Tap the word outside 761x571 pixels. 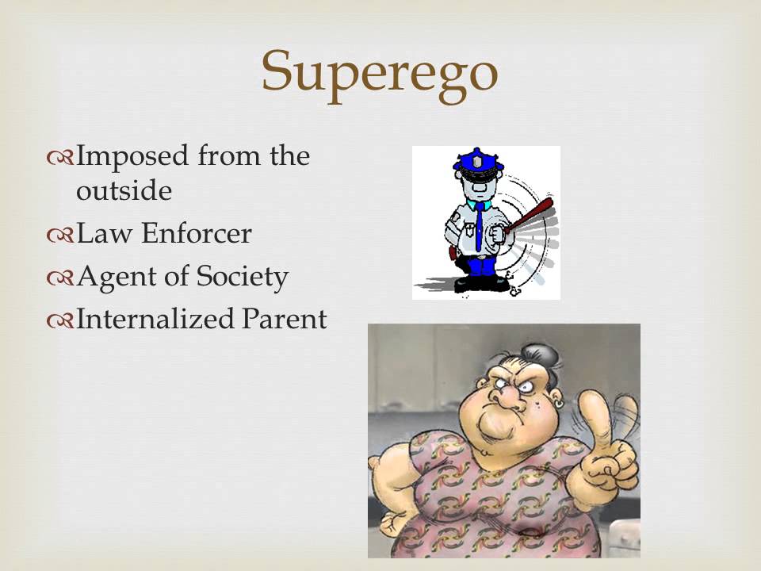[124, 192]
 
